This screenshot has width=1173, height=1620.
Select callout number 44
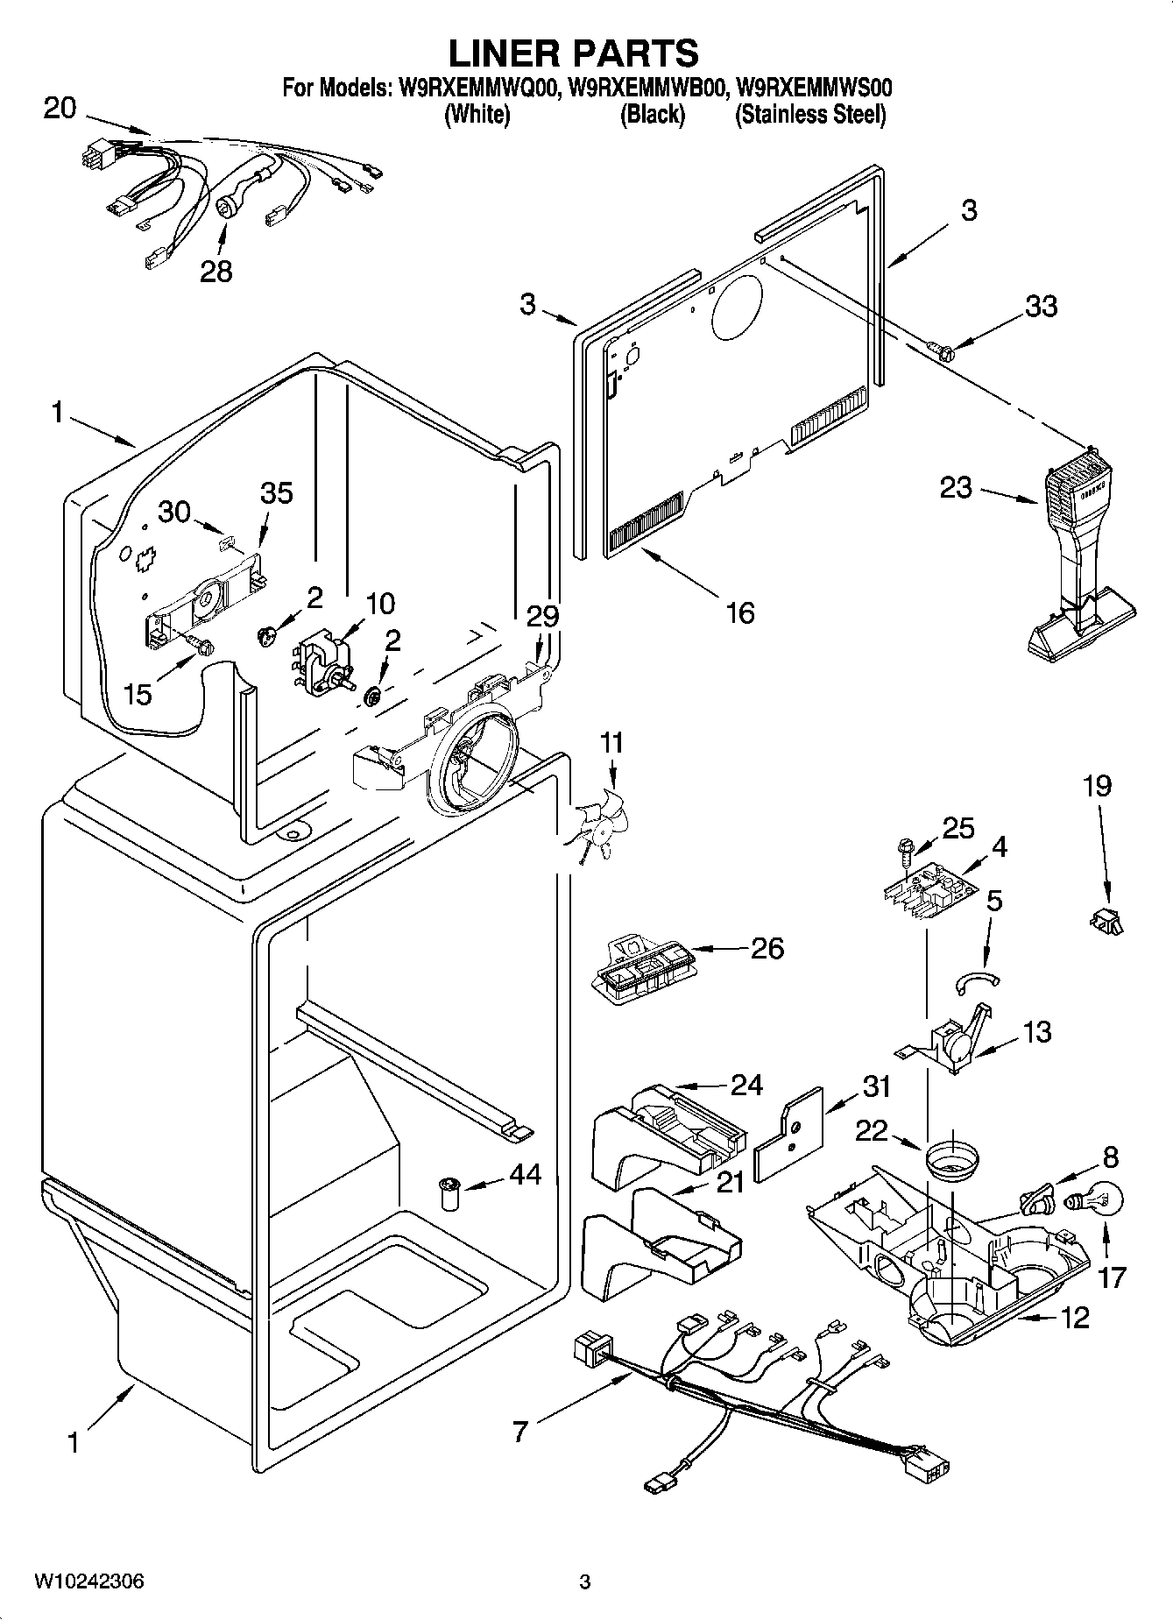pos(525,1175)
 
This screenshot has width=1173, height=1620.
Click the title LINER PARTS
pos(574,53)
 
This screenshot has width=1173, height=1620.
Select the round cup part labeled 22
pos(952,1162)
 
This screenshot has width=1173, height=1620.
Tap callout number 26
pos(767,948)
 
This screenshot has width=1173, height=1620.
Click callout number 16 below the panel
pos(740,612)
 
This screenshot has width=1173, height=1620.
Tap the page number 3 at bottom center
pos(585,1581)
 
